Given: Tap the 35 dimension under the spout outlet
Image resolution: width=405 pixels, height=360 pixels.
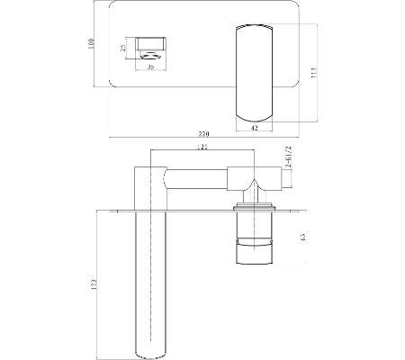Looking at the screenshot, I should pyautogui.click(x=151, y=66).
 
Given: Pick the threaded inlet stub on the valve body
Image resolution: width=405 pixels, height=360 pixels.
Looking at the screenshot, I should pyautogui.click(x=282, y=179).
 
